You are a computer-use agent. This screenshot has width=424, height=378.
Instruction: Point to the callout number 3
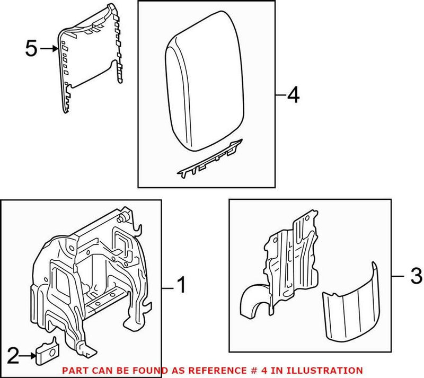point(416,276)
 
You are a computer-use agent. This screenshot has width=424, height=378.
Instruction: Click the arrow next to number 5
point(49,49)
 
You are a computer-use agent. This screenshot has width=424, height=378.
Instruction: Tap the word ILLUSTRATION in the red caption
point(331,370)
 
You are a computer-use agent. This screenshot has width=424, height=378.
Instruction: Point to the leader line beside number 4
point(281,96)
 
